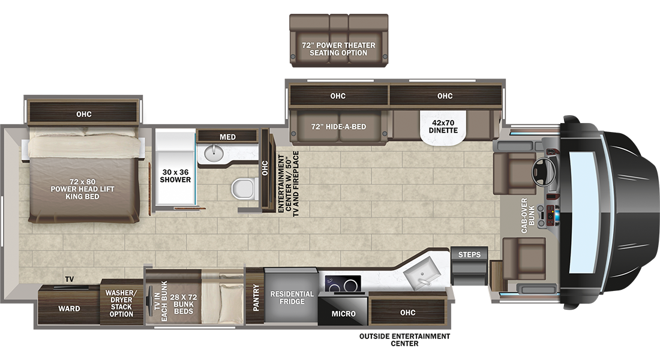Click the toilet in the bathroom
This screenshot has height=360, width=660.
245,188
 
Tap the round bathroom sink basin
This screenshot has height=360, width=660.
214,152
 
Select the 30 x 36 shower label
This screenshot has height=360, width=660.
175,176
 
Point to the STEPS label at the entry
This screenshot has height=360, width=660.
469,254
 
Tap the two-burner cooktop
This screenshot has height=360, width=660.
343,284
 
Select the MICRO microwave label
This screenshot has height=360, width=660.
343,314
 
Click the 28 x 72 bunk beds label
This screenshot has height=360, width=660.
184,304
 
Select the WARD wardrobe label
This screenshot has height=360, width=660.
69,308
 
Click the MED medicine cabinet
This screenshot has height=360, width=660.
227,136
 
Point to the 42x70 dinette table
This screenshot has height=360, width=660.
443,127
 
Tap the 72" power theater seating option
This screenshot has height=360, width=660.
339,40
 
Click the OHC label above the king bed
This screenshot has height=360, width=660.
84,114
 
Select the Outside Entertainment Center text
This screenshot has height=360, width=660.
404,340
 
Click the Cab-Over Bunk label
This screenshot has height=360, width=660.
528,215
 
